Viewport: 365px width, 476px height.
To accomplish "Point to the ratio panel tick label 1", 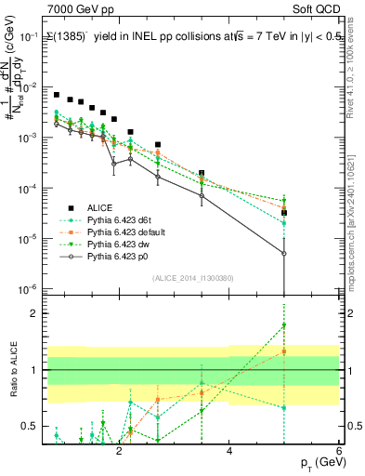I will (x=33, y=370).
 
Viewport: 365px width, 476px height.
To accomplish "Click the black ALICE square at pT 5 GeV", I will (x=284, y=213).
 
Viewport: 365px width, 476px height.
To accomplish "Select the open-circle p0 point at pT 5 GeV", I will (x=284, y=253).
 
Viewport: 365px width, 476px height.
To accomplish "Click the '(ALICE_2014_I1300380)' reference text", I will (x=193, y=277).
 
